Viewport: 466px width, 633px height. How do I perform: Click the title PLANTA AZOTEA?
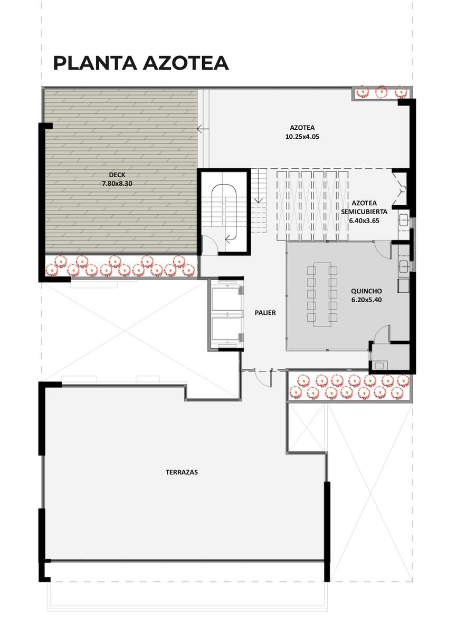(140, 63)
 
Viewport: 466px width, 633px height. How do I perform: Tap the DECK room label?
(117, 175)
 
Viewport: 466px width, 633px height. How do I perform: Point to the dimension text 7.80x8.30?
(117, 184)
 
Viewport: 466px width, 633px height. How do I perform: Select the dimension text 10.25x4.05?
(302, 137)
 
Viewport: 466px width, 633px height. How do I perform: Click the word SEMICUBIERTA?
(364, 212)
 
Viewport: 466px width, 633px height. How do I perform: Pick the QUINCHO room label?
(366, 291)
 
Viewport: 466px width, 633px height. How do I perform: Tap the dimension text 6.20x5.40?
(366, 300)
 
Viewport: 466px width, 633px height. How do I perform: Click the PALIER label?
(265, 312)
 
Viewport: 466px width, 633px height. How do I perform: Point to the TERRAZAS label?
(182, 472)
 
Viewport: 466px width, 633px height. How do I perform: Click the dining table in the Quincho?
(322, 294)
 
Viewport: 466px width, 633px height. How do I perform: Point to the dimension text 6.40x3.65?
(364, 220)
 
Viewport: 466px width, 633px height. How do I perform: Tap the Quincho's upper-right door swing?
(383, 251)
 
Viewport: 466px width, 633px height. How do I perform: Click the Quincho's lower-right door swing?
(382, 333)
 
